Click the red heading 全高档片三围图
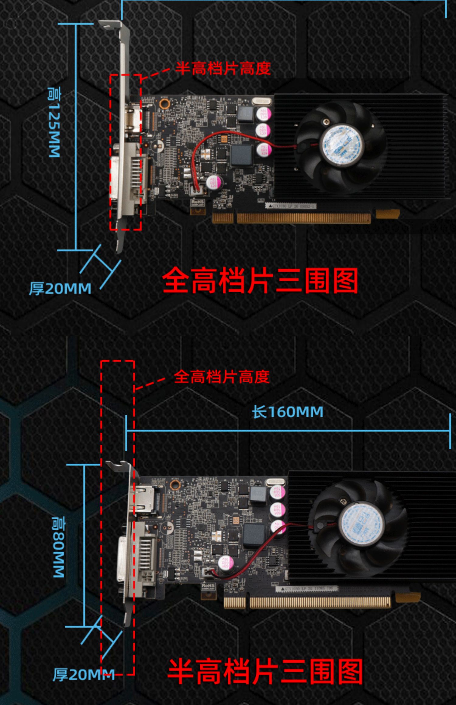[x=260, y=281]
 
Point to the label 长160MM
[x=287, y=412]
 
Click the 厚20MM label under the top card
[x=60, y=288]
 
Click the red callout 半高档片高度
[x=223, y=69]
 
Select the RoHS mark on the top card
[x=198, y=202]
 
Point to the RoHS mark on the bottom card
[x=208, y=586]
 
